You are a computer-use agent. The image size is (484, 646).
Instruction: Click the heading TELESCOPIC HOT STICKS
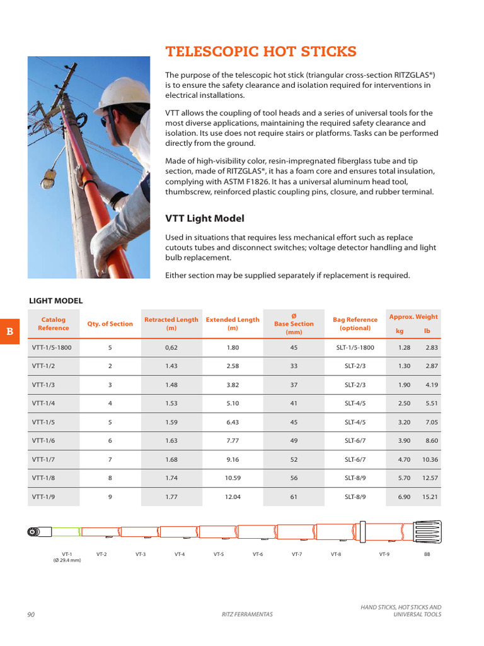[260, 52]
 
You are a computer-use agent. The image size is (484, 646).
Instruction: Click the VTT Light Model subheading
[204, 218]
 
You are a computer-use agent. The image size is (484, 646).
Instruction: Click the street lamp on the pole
[50, 179]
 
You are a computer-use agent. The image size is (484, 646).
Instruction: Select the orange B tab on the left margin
[9, 331]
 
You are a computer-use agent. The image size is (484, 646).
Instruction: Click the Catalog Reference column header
[54, 324]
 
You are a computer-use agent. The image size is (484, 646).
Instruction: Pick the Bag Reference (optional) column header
[355, 324]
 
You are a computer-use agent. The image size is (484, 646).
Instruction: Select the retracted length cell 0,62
[171, 348]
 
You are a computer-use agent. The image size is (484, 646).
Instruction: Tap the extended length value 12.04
[233, 496]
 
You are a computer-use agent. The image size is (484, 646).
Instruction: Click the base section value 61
[294, 496]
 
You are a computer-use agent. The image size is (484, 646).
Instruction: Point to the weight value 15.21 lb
[430, 496]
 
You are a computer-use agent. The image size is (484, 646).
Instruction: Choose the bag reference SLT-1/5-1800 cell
[355, 348]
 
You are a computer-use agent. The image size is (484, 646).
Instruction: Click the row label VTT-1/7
[43, 459]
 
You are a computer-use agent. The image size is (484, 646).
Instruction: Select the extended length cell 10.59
[233, 478]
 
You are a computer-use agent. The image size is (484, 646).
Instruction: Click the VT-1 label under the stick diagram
[67, 554]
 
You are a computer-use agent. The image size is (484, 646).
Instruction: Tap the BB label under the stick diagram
[427, 554]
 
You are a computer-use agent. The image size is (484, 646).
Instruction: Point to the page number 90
[32, 614]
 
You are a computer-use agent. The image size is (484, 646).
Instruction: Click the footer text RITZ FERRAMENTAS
[247, 614]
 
